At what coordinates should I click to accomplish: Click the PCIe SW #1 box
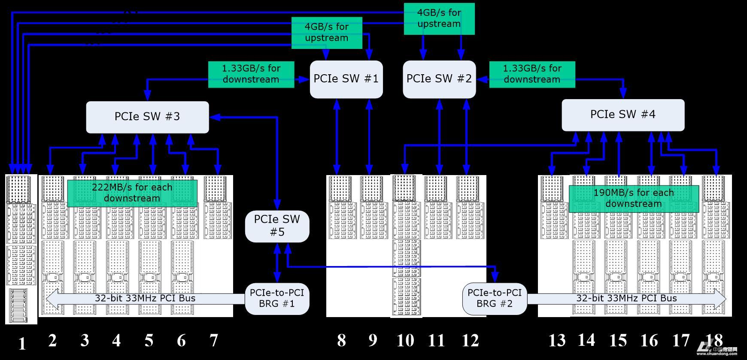click(346, 79)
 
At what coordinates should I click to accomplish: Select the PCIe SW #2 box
click(439, 79)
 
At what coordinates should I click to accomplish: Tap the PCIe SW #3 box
click(147, 117)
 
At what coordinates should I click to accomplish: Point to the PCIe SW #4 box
click(622, 115)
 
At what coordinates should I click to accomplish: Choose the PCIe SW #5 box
click(277, 226)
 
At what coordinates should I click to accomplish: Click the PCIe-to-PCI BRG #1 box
click(277, 299)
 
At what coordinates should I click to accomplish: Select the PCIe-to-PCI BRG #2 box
click(495, 299)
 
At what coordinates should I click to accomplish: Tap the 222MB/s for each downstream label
click(132, 193)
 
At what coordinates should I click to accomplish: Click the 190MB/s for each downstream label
click(634, 198)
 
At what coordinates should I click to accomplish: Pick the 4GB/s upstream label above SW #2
click(439, 18)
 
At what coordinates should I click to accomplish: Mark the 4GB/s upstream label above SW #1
click(327, 33)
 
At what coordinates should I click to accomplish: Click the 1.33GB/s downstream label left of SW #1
click(251, 74)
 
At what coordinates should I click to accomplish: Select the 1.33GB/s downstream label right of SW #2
click(532, 74)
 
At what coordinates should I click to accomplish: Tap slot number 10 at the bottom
click(405, 340)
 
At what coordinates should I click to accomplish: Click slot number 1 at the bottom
click(22, 343)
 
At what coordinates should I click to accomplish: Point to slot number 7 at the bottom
click(213, 340)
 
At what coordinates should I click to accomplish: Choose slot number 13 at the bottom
click(557, 340)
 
